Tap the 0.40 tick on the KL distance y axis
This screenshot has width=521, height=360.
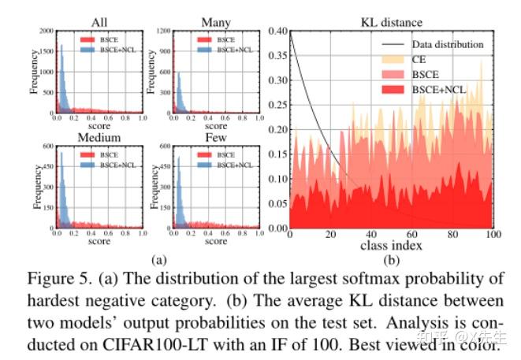[277, 31]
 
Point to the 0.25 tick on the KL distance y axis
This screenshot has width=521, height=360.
[277, 106]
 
